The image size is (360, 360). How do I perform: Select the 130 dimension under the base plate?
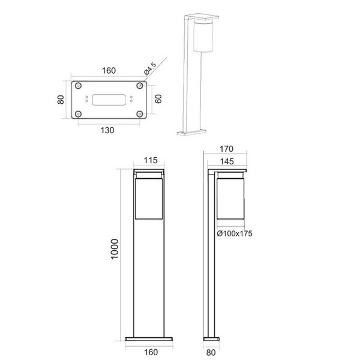coord(109,129)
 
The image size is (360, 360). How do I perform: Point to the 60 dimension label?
coord(158,99)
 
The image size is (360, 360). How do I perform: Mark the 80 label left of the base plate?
coord(61,99)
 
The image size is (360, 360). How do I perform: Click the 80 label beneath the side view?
coord(211,353)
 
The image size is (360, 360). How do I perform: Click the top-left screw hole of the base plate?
coord(79,86)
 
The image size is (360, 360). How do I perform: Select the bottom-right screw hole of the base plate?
coord(139,113)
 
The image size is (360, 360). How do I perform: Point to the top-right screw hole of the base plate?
coord(139,86)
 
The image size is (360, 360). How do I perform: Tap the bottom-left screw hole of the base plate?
coord(79,113)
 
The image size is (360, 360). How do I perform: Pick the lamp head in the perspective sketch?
coord(203,36)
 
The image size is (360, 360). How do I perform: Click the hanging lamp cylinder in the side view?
coord(230,197)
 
